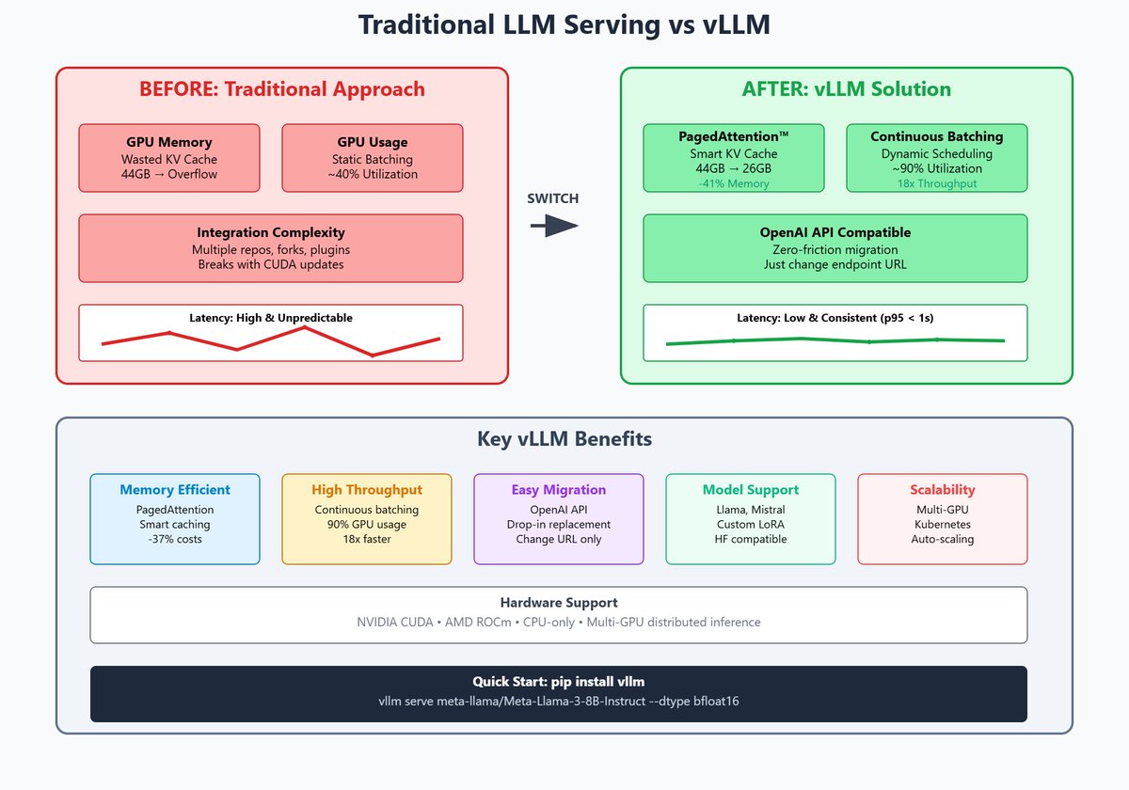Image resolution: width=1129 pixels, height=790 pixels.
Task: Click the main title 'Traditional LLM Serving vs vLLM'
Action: pos(564,25)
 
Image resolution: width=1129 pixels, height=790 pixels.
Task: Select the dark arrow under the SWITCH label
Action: pos(553,226)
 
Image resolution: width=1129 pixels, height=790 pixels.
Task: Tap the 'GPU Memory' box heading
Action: pos(169,142)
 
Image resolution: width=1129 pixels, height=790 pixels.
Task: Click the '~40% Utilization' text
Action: pos(373,174)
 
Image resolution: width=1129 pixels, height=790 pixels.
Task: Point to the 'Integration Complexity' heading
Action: pos(271,232)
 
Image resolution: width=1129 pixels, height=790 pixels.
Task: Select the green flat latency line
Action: pos(835,340)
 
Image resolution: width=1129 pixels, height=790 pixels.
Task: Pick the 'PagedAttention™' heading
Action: pos(734,136)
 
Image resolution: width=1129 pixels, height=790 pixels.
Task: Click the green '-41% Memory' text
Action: pos(734,183)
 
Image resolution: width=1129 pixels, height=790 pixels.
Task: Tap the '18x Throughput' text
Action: pos(937,183)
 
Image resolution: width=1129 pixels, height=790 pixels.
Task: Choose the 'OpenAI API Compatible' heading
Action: pos(835,232)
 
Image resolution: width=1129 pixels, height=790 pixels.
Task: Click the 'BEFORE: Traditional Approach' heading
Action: pos(282,89)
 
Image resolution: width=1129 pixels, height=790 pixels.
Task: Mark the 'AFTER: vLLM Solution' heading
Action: pos(847,89)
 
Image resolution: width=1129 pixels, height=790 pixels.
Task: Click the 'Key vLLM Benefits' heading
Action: pos(564,439)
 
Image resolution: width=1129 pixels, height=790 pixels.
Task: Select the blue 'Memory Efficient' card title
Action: pos(175,490)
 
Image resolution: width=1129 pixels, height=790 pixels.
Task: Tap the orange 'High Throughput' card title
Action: pos(367,490)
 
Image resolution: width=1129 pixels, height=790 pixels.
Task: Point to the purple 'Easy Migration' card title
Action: pos(559,490)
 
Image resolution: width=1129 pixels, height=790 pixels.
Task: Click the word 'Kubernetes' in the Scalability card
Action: pos(943,524)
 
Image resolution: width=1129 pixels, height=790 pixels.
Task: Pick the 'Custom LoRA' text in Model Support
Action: pos(751,524)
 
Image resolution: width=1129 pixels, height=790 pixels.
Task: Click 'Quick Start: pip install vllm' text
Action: pos(559,682)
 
